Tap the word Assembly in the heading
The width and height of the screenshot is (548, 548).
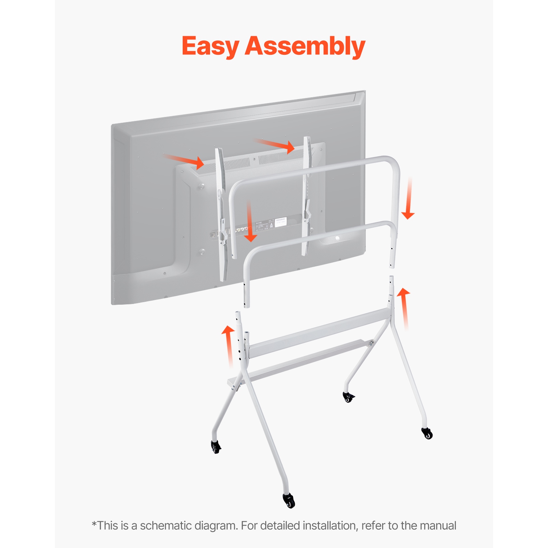pos(305,46)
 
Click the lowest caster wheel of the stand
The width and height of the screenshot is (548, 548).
pos(289,500)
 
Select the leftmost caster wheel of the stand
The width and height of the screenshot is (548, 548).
pos(216,446)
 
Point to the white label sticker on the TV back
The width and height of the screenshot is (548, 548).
pos(280,222)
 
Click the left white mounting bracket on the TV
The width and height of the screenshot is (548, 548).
pos(221,212)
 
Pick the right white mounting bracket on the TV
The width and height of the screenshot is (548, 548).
pos(307,194)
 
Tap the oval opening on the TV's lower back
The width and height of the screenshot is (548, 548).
pos(337,238)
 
